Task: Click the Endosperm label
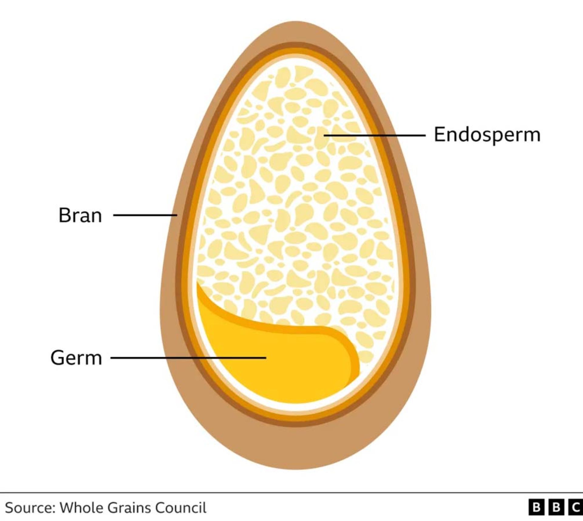(x=487, y=135)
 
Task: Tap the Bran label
(x=80, y=215)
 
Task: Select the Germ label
(x=76, y=358)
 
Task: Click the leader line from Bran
(x=145, y=215)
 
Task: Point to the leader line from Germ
(x=188, y=358)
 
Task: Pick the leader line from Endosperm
(x=374, y=135)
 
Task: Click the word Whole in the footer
(x=80, y=508)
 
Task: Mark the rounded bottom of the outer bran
(x=296, y=469)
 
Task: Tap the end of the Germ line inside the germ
(x=266, y=358)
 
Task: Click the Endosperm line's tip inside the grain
(x=324, y=135)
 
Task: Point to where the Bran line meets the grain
(x=177, y=215)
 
